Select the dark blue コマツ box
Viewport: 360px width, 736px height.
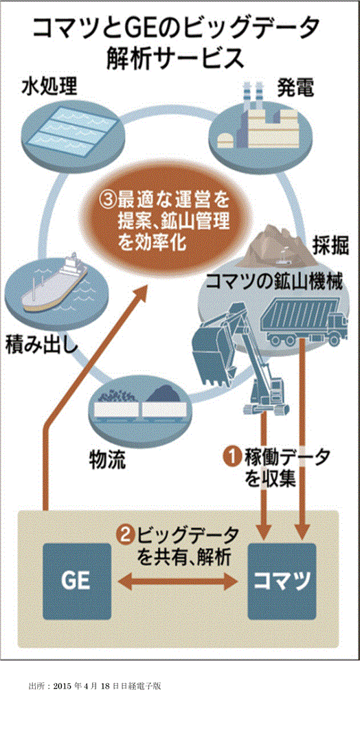pyautogui.click(x=282, y=582)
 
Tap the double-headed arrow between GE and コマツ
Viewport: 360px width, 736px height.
pyautogui.click(x=178, y=582)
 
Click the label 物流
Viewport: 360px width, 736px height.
pyautogui.click(x=108, y=461)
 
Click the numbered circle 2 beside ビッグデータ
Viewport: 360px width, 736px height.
pyautogui.click(x=126, y=535)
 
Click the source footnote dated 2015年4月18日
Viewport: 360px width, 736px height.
pyautogui.click(x=94, y=686)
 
